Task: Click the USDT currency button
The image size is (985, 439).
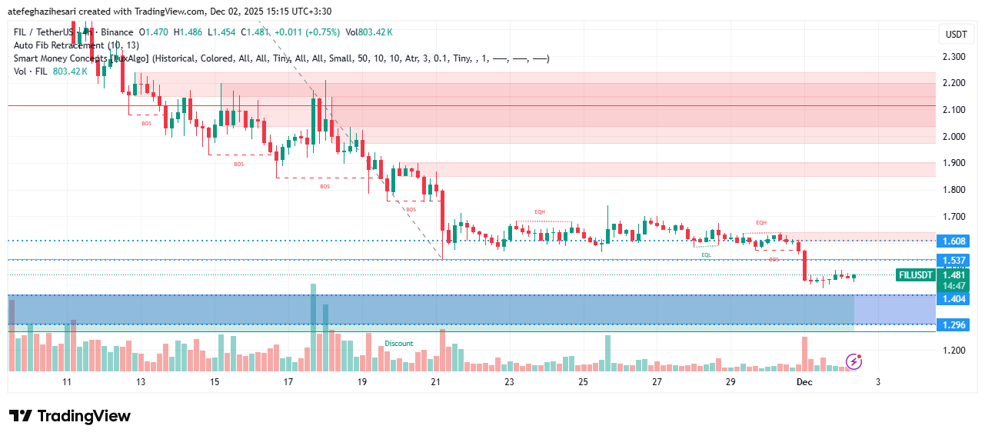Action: (956, 35)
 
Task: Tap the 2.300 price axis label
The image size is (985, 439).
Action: (953, 57)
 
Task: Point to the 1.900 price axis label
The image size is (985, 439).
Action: (953, 163)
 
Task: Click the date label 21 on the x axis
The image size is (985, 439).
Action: (436, 382)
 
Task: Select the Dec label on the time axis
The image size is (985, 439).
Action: (804, 382)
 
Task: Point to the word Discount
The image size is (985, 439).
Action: (399, 344)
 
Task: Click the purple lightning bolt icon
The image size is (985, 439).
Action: (854, 361)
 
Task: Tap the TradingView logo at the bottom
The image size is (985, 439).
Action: (70, 416)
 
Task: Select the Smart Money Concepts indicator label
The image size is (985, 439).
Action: (62, 58)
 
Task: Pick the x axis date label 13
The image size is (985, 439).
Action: (141, 382)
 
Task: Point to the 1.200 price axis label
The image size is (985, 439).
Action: (953, 351)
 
